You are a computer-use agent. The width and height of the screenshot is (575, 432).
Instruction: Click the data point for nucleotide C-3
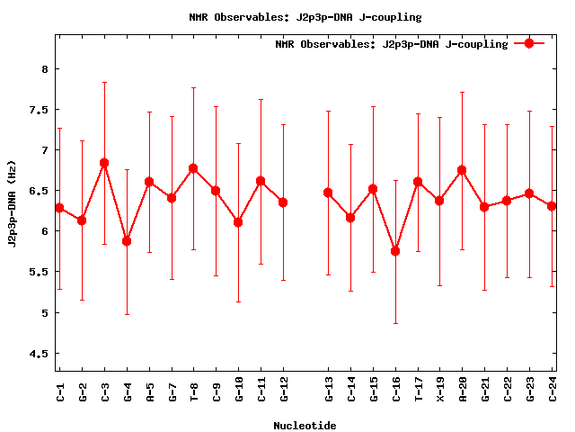(x=104, y=163)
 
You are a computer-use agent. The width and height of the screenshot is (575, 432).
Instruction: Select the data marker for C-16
(x=395, y=250)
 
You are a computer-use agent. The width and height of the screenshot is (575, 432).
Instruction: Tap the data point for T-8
(x=193, y=168)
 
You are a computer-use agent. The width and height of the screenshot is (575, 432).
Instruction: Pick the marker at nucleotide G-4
(x=127, y=241)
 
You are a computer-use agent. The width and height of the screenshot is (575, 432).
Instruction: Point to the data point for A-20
(x=463, y=170)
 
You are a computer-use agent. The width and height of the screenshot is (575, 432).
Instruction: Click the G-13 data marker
(x=328, y=193)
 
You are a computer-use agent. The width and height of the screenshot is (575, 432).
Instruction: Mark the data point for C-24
(x=552, y=206)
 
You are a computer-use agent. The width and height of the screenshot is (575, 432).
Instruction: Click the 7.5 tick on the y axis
(x=40, y=110)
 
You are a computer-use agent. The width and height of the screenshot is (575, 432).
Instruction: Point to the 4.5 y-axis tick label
(x=40, y=354)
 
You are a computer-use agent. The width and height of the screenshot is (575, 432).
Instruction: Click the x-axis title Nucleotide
(x=305, y=426)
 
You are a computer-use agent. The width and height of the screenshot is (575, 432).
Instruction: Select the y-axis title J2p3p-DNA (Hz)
(x=13, y=209)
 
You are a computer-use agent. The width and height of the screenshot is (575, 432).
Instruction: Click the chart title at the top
(x=305, y=17)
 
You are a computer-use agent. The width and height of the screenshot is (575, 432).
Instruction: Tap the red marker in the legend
(x=529, y=43)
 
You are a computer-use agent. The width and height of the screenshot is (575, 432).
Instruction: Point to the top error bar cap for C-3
(x=104, y=82)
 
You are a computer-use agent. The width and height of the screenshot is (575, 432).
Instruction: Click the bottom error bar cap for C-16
(x=395, y=323)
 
